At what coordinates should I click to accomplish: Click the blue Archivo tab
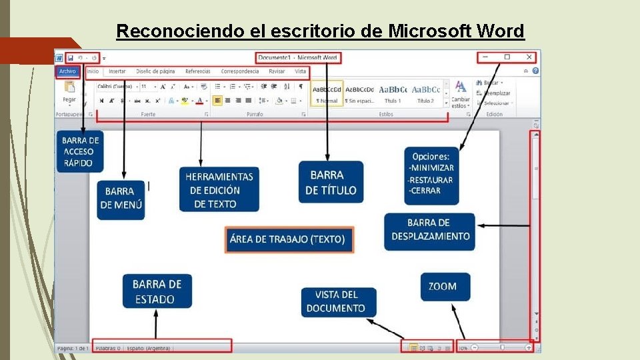point(67,71)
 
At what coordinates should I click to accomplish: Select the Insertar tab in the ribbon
point(117,71)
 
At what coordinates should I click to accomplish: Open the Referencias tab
point(198,71)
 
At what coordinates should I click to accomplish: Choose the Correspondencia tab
point(240,71)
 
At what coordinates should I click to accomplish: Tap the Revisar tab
point(277,71)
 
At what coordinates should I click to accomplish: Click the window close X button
point(529,57)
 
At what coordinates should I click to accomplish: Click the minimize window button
point(486,57)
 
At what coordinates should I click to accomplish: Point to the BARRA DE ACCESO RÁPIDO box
point(80,151)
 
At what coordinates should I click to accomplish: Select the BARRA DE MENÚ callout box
point(120,198)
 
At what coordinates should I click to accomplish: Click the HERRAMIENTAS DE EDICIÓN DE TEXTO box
point(219,190)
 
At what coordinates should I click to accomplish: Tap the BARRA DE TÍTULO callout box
point(331,182)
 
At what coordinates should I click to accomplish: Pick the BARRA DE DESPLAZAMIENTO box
point(430,230)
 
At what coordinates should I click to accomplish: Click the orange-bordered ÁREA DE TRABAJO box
point(287,239)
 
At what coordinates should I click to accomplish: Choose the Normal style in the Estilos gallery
point(327,94)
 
